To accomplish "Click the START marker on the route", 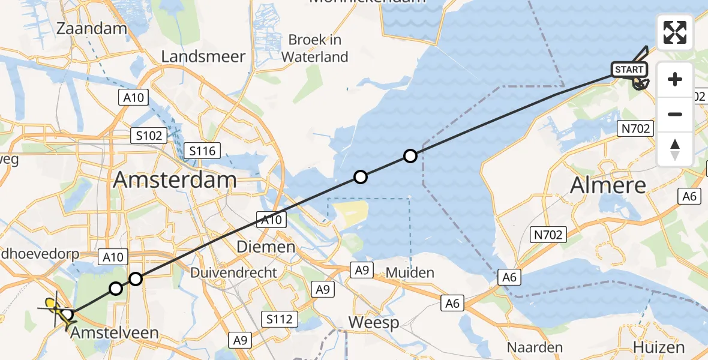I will coord(629,70).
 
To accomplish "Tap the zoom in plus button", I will coord(675,79).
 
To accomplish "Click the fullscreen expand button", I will coord(675,32).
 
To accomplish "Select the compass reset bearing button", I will coord(675,149).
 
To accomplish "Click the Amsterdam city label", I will coord(175,179).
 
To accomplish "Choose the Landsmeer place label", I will coord(203,57).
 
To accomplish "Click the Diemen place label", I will coord(266,247).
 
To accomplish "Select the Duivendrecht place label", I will coord(233,273).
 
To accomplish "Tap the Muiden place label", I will coord(410,273).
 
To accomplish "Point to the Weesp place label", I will coord(374,323).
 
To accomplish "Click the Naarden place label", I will coord(535,347).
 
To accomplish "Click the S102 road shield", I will coord(149,136).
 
